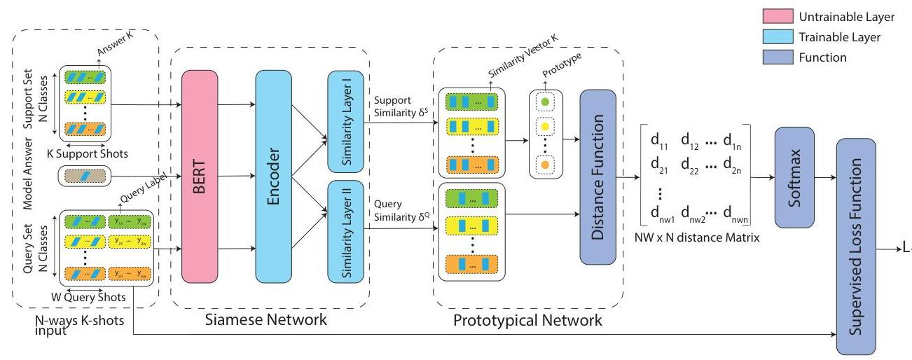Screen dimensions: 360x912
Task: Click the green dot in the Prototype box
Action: [545, 102]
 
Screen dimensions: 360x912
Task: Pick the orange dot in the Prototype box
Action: [545, 164]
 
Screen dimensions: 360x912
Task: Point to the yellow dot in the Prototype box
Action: [545, 127]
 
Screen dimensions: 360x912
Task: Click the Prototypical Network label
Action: [527, 321]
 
